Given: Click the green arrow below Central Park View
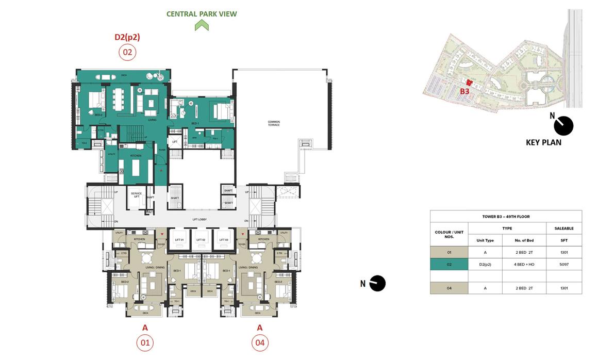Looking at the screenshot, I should pyautogui.click(x=202, y=25).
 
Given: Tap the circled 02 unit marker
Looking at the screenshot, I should pyautogui.click(x=127, y=52).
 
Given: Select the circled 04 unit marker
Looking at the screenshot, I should pyautogui.click(x=260, y=342).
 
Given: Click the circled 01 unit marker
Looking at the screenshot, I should pyautogui.click(x=145, y=342).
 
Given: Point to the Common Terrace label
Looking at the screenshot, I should pyautogui.click(x=273, y=123).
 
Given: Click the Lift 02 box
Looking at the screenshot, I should pyautogui.click(x=201, y=240).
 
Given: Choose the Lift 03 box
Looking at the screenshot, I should pyautogui.click(x=223, y=240).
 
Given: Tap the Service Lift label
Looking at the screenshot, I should pyautogui.click(x=136, y=194).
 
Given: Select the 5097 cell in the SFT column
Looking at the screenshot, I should pyautogui.click(x=564, y=265).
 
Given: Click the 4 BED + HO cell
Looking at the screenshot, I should pyautogui.click(x=524, y=265).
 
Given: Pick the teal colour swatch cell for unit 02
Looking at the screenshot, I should pyautogui.click(x=449, y=265).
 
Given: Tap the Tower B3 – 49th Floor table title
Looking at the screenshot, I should pyautogui.click(x=506, y=217).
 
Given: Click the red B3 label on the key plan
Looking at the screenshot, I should pyautogui.click(x=464, y=91).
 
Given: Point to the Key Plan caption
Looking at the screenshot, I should pyautogui.click(x=543, y=142).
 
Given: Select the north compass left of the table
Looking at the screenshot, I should pyautogui.click(x=378, y=283).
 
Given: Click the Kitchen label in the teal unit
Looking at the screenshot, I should pyautogui.click(x=136, y=155).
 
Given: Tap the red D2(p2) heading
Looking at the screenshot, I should pyautogui.click(x=127, y=37).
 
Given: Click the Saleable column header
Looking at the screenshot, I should pyautogui.click(x=564, y=228).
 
